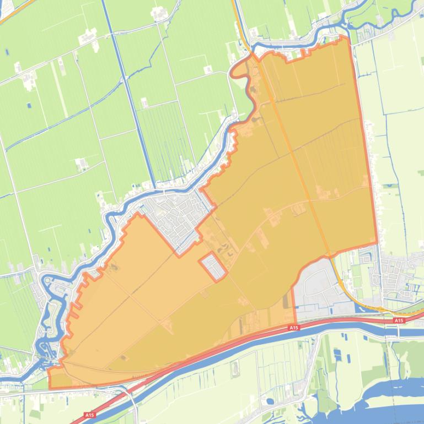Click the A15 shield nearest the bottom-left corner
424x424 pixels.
(89, 415)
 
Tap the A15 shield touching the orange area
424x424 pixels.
(294, 328)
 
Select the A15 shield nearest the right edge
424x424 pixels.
(399, 320)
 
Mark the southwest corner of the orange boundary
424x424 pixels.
(50, 388)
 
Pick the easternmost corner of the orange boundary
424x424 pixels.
(377, 244)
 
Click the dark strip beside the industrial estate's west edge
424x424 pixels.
(285, 301)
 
